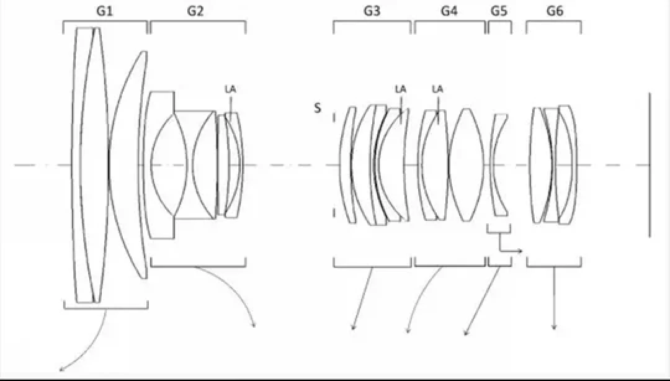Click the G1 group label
(105, 11)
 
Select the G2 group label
(195, 11)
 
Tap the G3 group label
(372, 11)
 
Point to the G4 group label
(449, 11)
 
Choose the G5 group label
(499, 11)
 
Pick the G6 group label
(555, 11)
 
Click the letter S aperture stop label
(317, 108)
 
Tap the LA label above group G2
(230, 89)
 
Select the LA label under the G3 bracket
(400, 89)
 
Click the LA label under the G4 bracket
(437, 89)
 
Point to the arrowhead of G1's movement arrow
(61, 369)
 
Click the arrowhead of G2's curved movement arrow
(254, 325)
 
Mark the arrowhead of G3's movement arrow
(353, 328)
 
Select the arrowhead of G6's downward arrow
(554, 328)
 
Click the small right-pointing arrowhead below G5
(520, 251)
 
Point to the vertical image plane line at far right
(650, 164)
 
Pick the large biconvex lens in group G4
(467, 164)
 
